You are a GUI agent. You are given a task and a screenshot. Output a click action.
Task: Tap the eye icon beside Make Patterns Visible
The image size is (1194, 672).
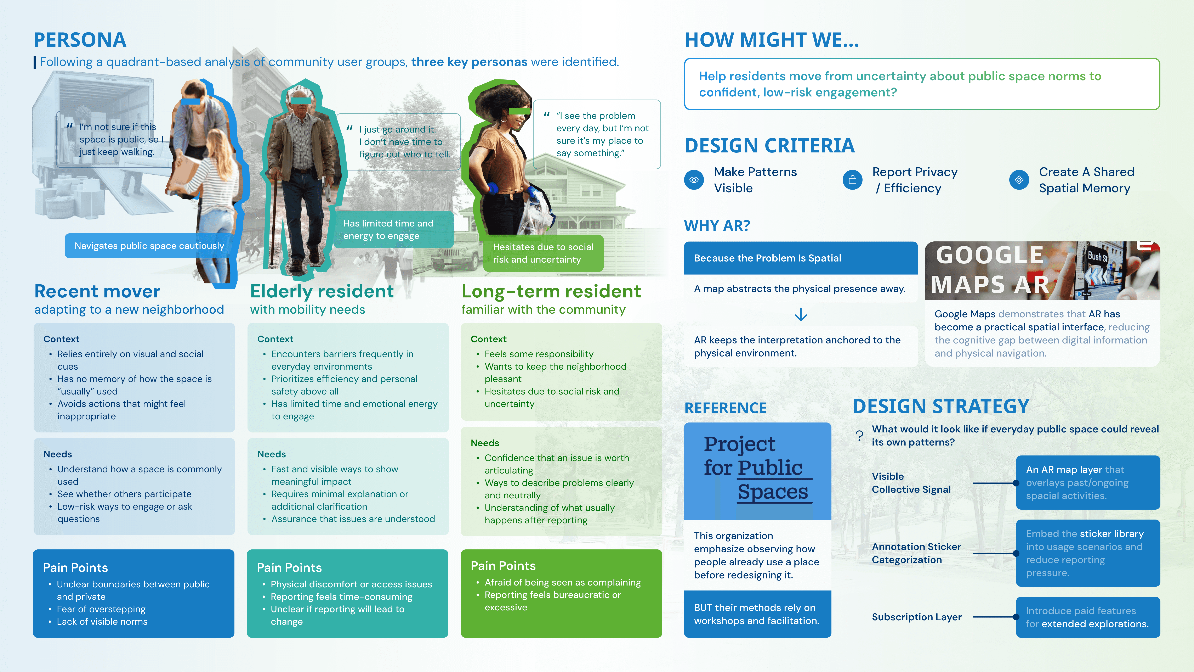[x=694, y=180]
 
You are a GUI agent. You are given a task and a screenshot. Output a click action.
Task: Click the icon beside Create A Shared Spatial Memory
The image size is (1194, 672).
[x=1019, y=180]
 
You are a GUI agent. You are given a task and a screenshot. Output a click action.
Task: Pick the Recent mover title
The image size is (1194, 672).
[x=97, y=291]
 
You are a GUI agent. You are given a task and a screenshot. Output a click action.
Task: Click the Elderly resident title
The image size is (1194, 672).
[x=322, y=291]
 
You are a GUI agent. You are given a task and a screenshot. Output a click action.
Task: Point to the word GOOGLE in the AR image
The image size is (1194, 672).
[x=990, y=255]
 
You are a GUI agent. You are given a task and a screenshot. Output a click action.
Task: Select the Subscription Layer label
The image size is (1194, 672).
[x=916, y=617]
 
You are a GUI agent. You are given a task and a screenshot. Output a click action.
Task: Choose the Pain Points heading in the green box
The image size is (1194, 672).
[x=503, y=566]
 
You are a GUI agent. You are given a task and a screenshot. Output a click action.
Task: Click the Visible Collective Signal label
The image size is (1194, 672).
[x=911, y=483]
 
